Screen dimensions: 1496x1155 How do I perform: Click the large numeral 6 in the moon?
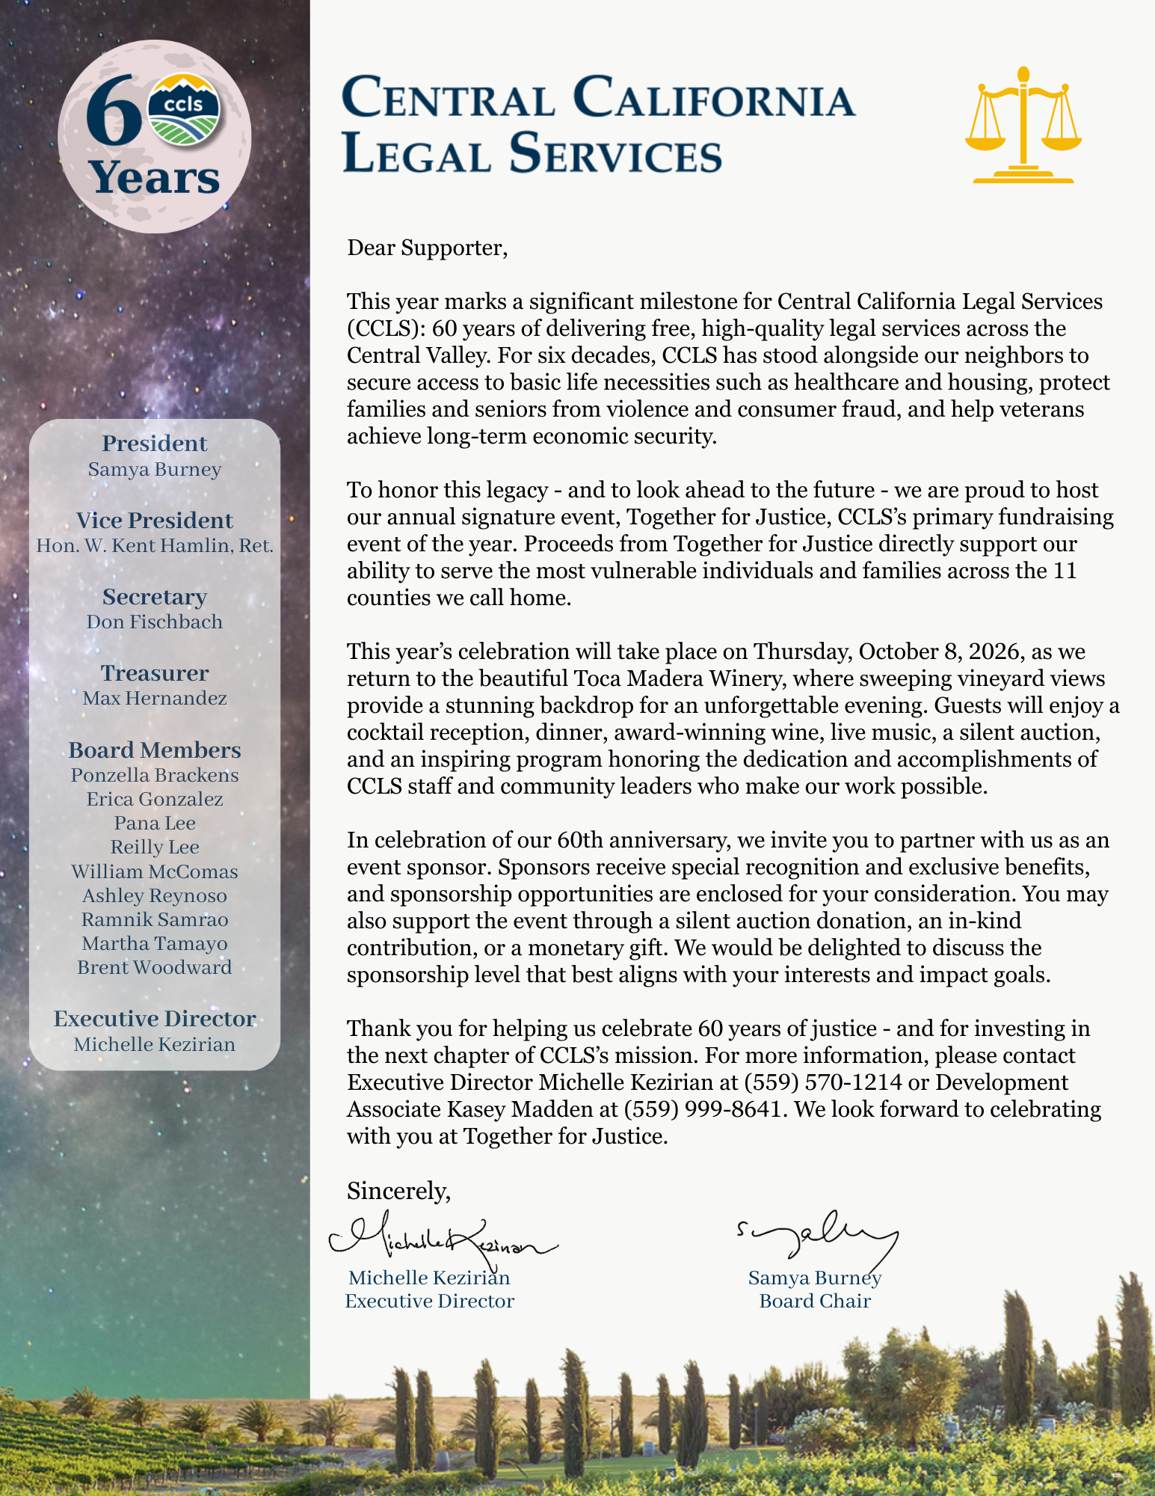(113, 112)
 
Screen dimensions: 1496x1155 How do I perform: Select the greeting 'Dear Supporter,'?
(427, 248)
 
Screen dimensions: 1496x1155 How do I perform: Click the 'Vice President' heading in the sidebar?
(155, 521)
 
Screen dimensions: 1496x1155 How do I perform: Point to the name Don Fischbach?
(155, 622)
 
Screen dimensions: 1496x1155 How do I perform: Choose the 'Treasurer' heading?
(155, 673)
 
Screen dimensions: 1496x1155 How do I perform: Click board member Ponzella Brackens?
(155, 775)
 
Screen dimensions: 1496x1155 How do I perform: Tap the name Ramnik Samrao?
(155, 919)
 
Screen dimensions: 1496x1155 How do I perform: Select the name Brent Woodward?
(155, 967)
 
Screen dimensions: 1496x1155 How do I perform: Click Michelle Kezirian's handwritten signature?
(441, 1238)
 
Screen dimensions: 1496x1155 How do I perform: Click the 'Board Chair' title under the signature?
(815, 1301)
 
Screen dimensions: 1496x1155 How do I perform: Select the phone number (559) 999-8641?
(703, 1109)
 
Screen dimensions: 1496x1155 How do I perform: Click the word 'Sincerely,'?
(398, 1190)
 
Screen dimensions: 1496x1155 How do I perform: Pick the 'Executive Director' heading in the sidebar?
(155, 1019)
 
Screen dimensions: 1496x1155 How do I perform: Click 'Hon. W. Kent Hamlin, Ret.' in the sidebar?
(155, 545)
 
